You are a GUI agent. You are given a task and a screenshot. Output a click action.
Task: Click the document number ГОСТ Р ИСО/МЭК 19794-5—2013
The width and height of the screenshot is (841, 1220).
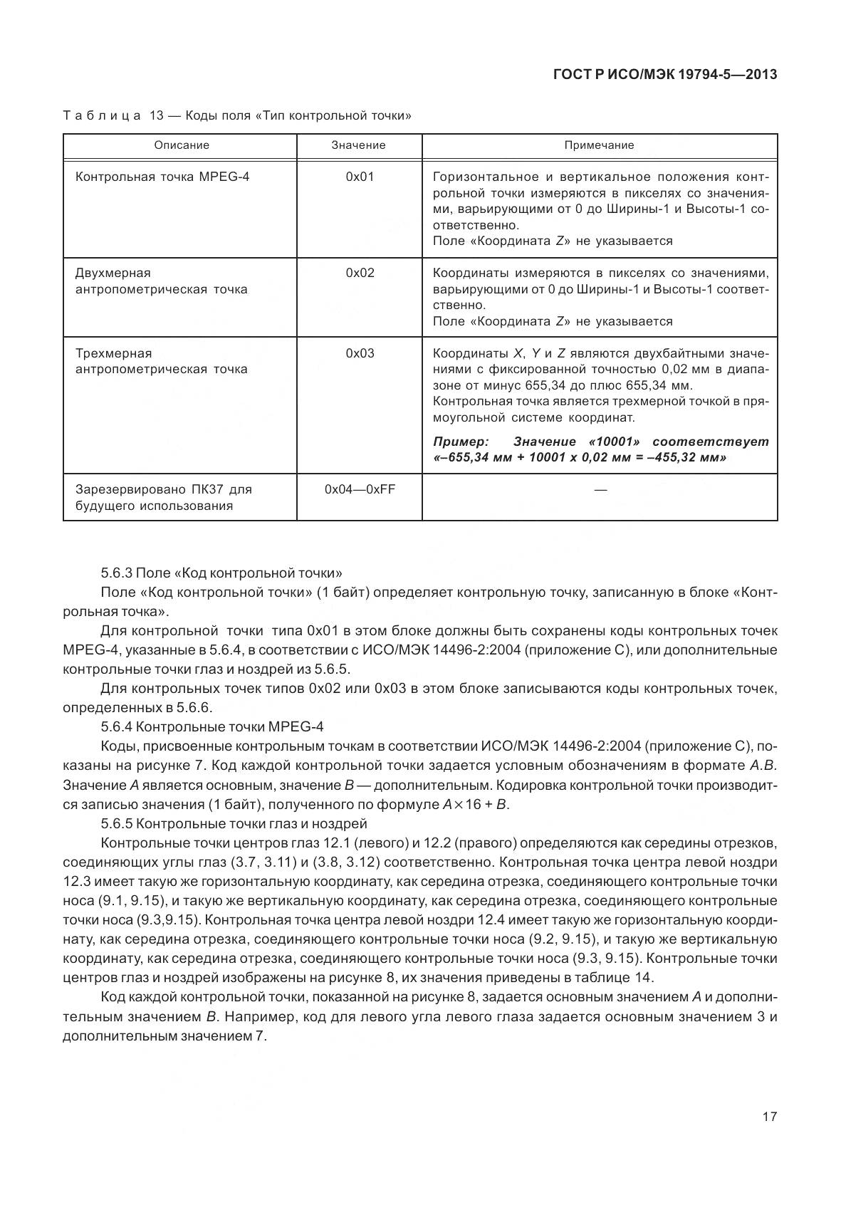(x=664, y=74)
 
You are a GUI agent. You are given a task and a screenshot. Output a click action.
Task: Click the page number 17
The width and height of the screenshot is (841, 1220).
(x=769, y=1116)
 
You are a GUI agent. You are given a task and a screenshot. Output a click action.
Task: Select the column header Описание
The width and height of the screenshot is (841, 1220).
(x=182, y=145)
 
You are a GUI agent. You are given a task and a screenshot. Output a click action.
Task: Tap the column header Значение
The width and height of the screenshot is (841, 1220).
(x=358, y=145)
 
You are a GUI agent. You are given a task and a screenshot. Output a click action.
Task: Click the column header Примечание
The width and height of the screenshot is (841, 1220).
(x=599, y=145)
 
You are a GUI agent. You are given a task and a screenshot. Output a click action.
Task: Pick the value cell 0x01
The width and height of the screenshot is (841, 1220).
(x=359, y=177)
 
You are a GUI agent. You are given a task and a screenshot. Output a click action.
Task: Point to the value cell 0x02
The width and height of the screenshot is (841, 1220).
(x=359, y=273)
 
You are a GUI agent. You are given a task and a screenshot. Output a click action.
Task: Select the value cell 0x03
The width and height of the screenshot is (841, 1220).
(x=359, y=353)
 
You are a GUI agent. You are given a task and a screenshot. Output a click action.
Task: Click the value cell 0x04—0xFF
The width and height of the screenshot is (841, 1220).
(x=359, y=490)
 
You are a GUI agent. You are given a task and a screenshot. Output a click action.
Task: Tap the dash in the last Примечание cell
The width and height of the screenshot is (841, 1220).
(x=600, y=490)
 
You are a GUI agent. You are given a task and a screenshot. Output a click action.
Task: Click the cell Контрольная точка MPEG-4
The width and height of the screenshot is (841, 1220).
(x=162, y=177)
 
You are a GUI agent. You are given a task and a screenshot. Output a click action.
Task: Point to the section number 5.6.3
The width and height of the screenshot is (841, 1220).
(x=117, y=573)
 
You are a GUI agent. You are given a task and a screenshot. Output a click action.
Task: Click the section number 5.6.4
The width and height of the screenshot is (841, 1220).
(x=117, y=726)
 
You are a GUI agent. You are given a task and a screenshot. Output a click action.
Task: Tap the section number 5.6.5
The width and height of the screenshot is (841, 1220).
(x=117, y=823)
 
